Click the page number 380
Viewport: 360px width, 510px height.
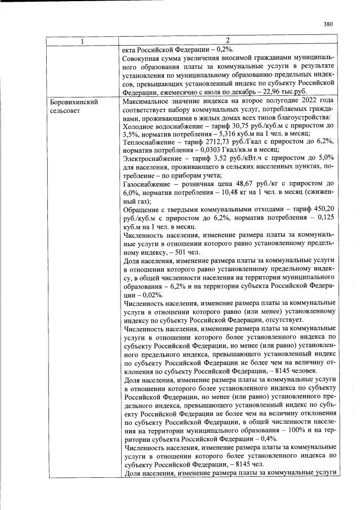[x=328, y=24]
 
